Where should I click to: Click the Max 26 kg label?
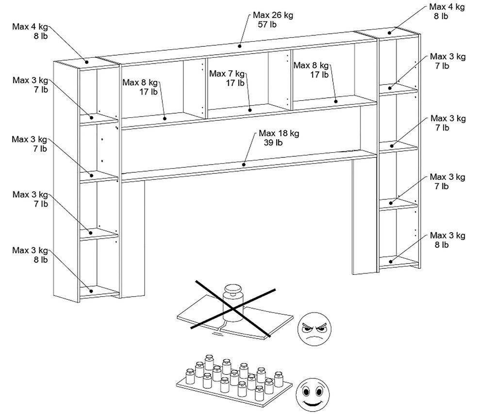click(273, 15)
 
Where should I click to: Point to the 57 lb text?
click(267, 25)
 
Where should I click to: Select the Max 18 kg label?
click(279, 133)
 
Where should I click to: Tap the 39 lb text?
click(273, 143)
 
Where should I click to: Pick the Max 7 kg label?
click(227, 73)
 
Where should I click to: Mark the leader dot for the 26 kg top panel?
click(240, 47)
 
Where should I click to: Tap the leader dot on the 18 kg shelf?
click(244, 165)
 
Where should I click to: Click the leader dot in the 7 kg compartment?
click(249, 110)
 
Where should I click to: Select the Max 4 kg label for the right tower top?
click(447, 7)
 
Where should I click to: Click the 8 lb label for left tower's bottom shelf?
click(41, 260)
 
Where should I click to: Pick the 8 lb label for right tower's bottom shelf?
click(442, 245)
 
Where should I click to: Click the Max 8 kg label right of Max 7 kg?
click(311, 65)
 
